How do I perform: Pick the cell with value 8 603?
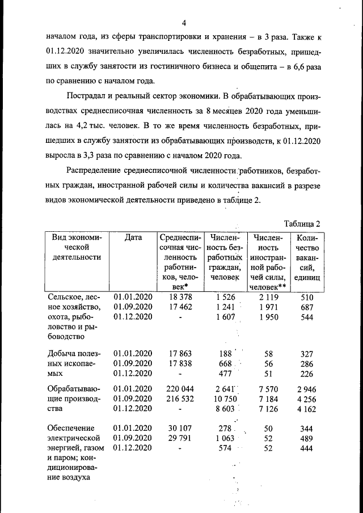click(x=225, y=409)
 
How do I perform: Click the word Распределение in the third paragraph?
click(x=95, y=171)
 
